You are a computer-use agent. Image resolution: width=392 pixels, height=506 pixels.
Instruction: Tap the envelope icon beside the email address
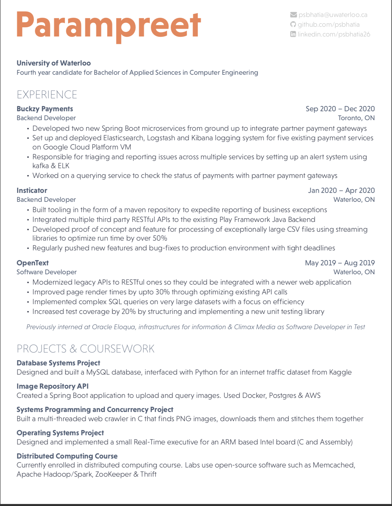(x=293, y=15)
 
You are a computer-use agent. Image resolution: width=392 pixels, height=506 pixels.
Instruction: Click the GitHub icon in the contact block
(x=293, y=24)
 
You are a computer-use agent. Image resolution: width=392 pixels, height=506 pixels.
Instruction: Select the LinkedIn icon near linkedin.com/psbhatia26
(x=293, y=34)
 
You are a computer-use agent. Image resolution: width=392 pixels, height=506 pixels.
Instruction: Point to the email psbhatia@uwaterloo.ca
(x=333, y=15)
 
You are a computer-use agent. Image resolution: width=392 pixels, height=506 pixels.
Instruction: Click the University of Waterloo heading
(x=54, y=63)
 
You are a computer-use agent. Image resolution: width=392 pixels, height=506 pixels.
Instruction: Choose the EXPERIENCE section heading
(x=47, y=95)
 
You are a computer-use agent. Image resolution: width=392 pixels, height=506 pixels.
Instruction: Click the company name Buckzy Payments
(x=45, y=109)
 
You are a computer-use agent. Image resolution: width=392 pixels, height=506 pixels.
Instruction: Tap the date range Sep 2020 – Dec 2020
(x=340, y=109)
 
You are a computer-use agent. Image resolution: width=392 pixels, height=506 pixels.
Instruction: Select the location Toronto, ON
(x=356, y=118)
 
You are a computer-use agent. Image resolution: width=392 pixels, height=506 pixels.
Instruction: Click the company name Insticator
(x=32, y=190)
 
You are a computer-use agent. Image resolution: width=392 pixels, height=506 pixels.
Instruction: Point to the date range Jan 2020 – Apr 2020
(x=341, y=190)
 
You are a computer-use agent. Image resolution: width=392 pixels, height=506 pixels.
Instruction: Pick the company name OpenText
(x=33, y=263)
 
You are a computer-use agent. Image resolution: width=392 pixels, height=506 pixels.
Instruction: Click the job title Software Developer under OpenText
(x=47, y=272)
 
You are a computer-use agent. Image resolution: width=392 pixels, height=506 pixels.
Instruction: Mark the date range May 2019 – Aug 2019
(x=340, y=263)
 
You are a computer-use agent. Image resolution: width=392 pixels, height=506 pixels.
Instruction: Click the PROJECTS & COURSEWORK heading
(x=85, y=349)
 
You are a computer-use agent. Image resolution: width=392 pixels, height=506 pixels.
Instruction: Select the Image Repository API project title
(x=52, y=386)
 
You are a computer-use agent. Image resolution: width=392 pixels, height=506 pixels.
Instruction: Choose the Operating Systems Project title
(x=60, y=433)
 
